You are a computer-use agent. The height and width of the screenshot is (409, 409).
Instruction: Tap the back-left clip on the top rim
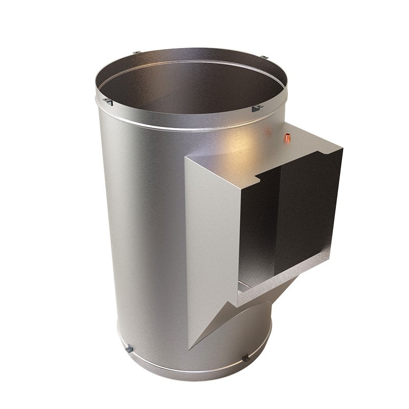pyautogui.click(x=137, y=53)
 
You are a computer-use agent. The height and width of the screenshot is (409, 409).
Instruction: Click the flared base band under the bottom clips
pyautogui.click(x=184, y=371)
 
